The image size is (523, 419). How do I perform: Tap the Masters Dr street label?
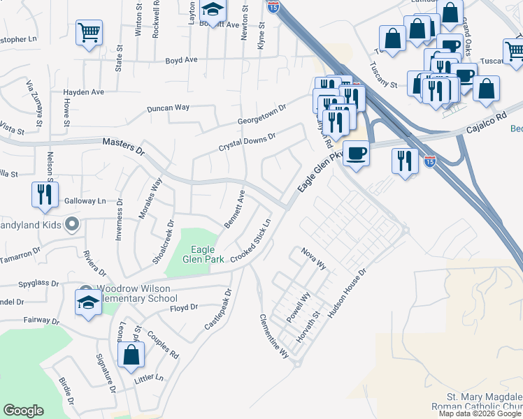pos(122,146)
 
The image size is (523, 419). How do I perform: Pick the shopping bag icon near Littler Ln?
pos(131,355)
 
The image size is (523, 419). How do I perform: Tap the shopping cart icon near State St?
pos(89,33)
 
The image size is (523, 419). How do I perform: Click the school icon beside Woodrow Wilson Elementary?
pos(88,304)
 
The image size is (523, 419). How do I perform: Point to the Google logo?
pos(23,411)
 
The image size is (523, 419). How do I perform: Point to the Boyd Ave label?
pos(181,61)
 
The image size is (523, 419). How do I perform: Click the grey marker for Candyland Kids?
pos(71,225)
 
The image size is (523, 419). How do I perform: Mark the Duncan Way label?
pos(168,108)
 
